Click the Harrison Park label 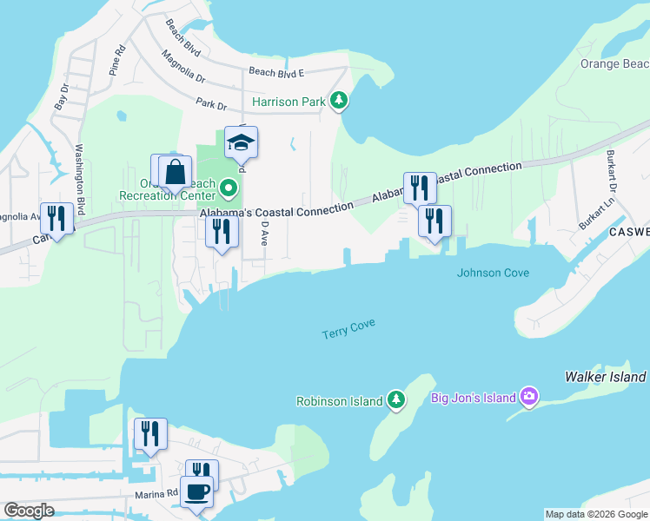click(x=289, y=102)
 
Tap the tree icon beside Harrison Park click(x=339, y=102)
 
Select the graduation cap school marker click(x=242, y=143)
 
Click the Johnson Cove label click(x=493, y=273)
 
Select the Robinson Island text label click(x=339, y=401)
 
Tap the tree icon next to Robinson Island click(x=396, y=400)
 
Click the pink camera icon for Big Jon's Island click(x=529, y=398)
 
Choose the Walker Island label click(x=605, y=377)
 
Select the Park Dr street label click(x=211, y=104)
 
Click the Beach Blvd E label click(x=276, y=72)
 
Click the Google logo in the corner click(x=29, y=511)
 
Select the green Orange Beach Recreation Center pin click(x=229, y=187)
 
